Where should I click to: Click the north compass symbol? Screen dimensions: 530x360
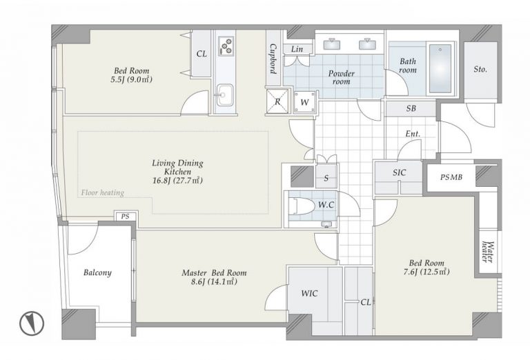32,323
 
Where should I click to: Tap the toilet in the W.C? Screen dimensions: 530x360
302,206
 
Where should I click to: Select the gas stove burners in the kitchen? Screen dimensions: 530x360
226,46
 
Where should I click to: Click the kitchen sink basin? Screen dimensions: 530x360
224,95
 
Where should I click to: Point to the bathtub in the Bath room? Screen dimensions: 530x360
440,68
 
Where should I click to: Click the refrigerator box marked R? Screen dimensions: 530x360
277,101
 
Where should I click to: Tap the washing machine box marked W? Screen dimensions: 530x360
304,102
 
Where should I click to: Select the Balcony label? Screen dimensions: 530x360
97,272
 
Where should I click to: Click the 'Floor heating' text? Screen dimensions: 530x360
102,193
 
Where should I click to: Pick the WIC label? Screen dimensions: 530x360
309,294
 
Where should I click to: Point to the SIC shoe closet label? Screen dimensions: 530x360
399,172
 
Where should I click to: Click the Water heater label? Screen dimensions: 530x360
489,252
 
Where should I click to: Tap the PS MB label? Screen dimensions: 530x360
451,177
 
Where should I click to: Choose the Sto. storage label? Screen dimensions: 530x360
480,70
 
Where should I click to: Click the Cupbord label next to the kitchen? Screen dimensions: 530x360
273,59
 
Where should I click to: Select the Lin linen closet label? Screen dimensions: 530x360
297,49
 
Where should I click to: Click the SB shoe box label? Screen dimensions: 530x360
411,108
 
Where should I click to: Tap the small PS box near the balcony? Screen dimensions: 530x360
126,217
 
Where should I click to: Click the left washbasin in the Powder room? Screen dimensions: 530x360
331,44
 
